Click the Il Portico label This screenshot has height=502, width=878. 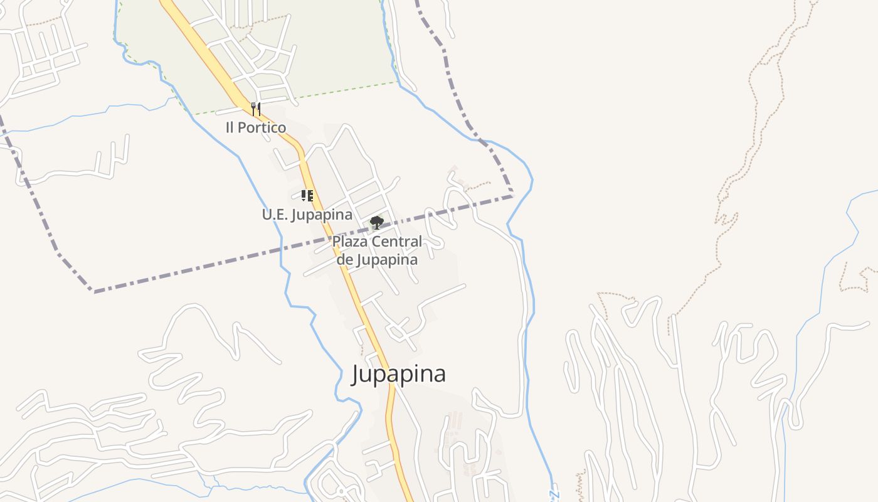[x=256, y=127]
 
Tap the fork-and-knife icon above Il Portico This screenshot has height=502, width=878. [x=255, y=109]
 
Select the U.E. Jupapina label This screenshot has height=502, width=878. [x=307, y=215]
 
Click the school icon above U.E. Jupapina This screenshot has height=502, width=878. [x=307, y=195]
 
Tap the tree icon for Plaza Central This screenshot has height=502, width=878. [x=376, y=222]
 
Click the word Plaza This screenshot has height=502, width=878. [x=350, y=242]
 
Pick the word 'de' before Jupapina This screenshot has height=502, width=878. [x=344, y=259]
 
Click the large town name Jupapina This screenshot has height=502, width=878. [x=398, y=374]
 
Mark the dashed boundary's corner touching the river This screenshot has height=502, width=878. [x=512, y=196]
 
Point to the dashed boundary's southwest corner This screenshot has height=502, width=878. [x=94, y=292]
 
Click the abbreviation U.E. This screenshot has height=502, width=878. [x=274, y=215]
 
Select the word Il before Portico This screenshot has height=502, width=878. [x=230, y=127]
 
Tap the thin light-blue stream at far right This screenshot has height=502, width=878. [x=822, y=276]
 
